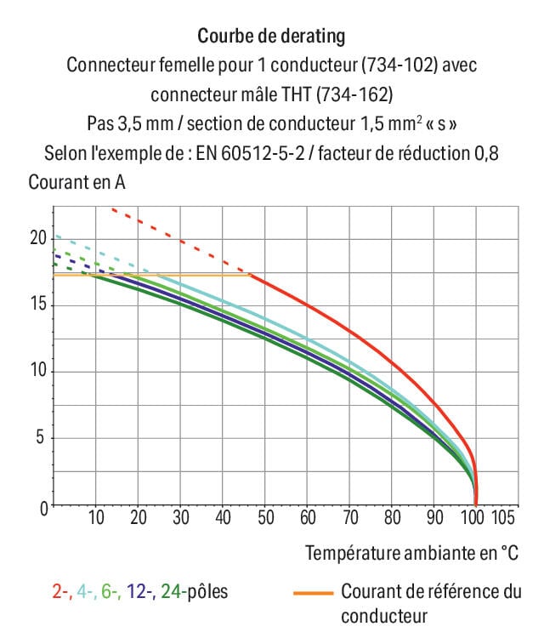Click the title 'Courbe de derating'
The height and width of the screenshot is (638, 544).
click(x=271, y=36)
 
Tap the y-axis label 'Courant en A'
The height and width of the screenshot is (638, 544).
click(x=71, y=182)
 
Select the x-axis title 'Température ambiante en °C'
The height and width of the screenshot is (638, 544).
click(x=412, y=553)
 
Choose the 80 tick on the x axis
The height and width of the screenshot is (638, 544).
click(x=392, y=517)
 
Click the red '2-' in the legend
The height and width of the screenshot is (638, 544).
click(x=62, y=591)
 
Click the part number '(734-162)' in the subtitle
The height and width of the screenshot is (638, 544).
click(x=351, y=94)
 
